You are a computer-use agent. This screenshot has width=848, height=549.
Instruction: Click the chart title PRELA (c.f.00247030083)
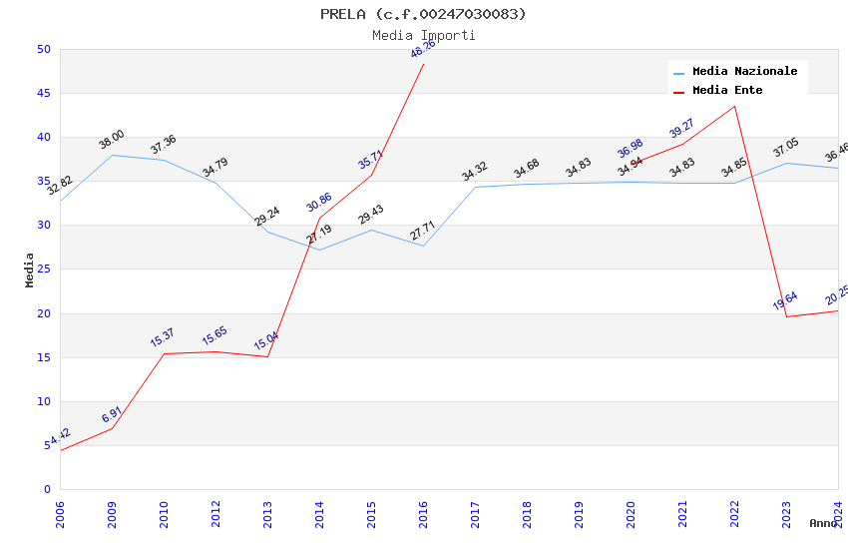[423, 14]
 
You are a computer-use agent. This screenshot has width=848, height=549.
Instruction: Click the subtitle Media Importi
[423, 36]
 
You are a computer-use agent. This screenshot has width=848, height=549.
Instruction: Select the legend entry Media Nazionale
[744, 72]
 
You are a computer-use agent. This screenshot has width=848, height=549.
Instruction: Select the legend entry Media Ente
[727, 91]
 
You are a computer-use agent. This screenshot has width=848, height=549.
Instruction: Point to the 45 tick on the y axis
[43, 94]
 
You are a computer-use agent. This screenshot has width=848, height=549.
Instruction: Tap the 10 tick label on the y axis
[43, 401]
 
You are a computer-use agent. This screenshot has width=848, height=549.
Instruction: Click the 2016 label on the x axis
[424, 513]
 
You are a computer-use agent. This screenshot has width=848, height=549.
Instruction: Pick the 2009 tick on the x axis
[113, 513]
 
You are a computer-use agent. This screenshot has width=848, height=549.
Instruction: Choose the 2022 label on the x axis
[735, 513]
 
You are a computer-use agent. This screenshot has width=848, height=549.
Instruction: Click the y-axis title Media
[30, 270]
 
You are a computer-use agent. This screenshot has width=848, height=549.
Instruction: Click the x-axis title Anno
[823, 523]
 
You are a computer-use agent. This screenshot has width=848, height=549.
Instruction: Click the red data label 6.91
[111, 414]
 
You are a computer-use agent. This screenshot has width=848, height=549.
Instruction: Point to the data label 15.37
[163, 337]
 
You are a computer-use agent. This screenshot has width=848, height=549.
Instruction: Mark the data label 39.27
[682, 129]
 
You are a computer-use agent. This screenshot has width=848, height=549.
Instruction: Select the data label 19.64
[785, 300]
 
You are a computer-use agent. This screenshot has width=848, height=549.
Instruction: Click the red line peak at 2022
[735, 106]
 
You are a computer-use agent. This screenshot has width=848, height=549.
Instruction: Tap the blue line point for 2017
[475, 187]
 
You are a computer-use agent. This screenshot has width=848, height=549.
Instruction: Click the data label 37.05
[786, 149]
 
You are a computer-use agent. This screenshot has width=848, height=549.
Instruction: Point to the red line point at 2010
[164, 354]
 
